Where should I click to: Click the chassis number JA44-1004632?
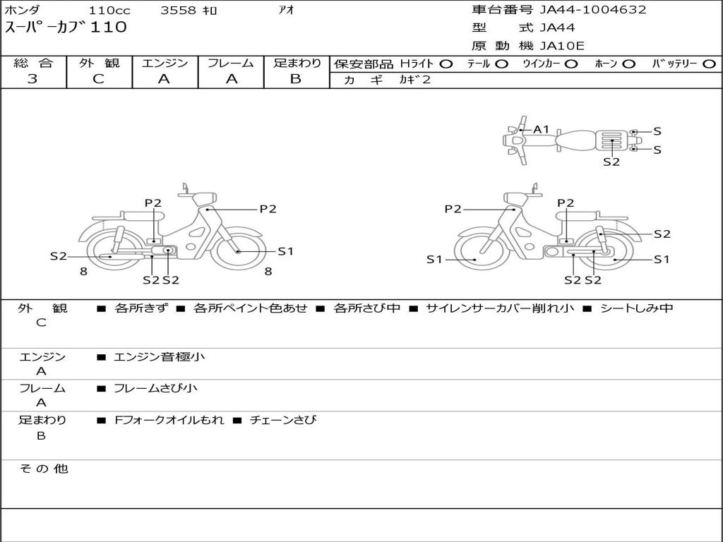click(x=593, y=10)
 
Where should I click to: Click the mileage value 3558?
click(x=178, y=10)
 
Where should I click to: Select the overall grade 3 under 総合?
click(x=32, y=79)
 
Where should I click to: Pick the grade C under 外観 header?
click(x=99, y=79)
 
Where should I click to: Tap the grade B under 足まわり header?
click(x=296, y=79)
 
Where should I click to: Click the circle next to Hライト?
click(x=446, y=64)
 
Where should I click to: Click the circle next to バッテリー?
click(x=709, y=64)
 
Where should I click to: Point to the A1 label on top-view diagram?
click(x=541, y=130)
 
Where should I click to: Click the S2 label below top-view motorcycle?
click(x=611, y=162)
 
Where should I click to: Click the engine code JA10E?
click(x=561, y=46)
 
